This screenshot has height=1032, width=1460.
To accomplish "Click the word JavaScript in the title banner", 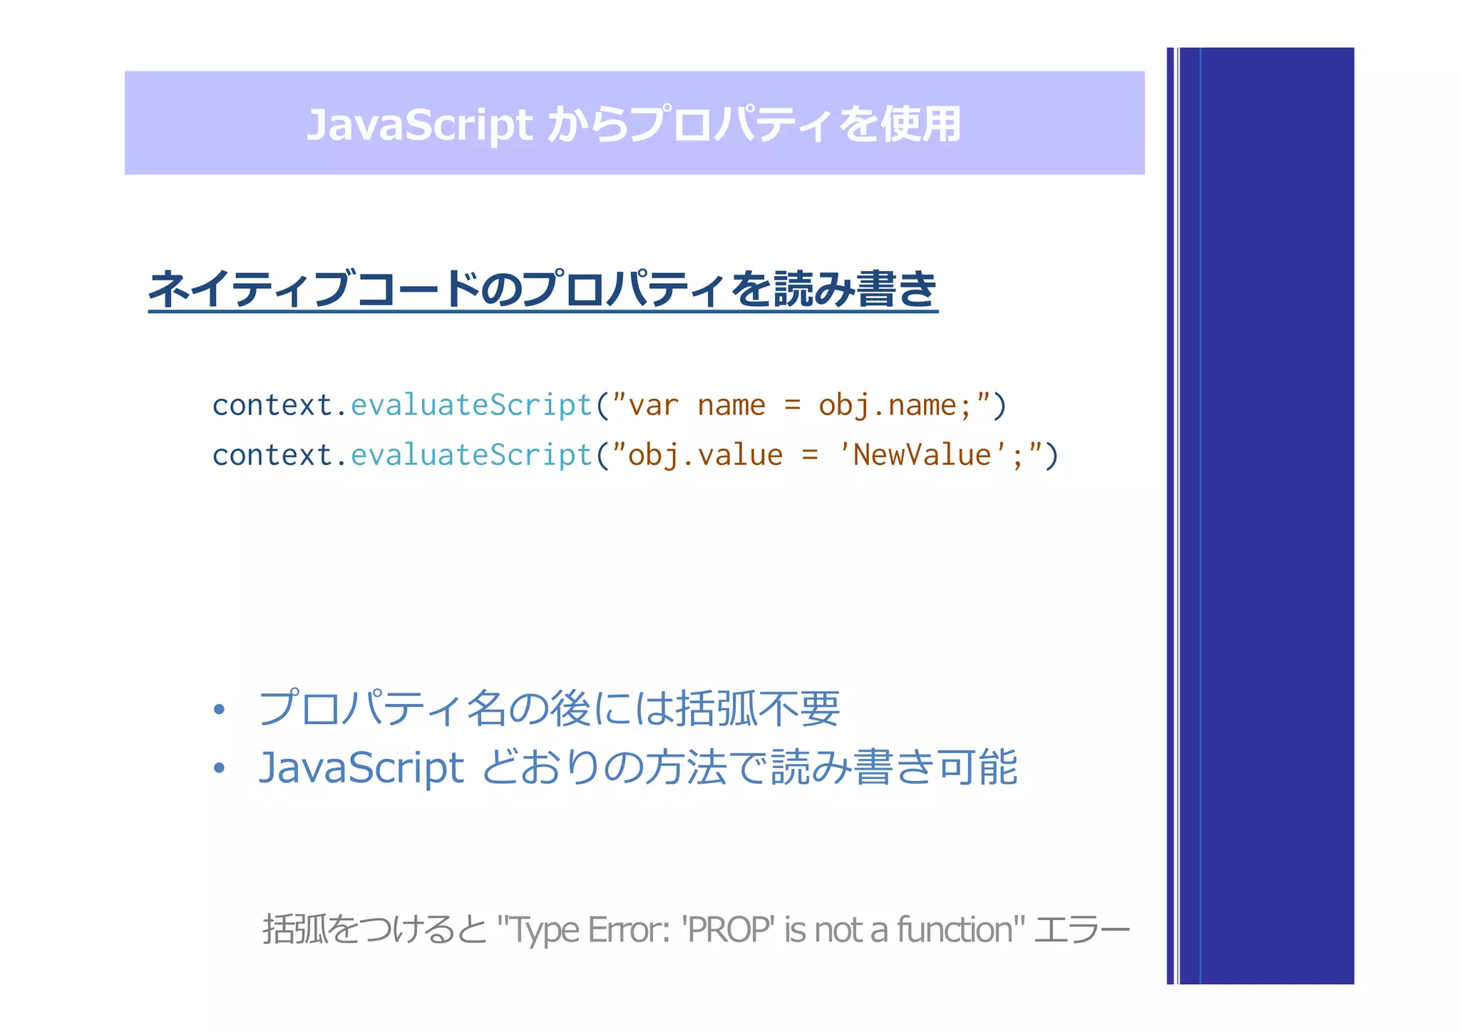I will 419,125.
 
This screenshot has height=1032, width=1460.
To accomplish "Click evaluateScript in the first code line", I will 471,405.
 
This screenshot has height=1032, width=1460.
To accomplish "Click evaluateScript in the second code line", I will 471,455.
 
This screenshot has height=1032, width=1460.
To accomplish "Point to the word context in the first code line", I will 272,405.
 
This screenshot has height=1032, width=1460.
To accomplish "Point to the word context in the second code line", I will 272,455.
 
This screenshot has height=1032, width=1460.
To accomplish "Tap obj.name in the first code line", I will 888,405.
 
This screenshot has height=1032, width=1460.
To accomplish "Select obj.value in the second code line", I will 705,455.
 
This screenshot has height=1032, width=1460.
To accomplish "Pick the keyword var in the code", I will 653,405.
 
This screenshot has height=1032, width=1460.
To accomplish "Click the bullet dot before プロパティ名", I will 219,710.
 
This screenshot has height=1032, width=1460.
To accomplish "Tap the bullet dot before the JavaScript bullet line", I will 219,768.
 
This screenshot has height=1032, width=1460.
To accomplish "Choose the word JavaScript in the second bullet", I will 361,768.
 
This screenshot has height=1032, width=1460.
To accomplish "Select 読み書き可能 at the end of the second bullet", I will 894,768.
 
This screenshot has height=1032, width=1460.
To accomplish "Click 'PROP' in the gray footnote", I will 728,930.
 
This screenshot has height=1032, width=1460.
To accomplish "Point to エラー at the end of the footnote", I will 1081,930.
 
